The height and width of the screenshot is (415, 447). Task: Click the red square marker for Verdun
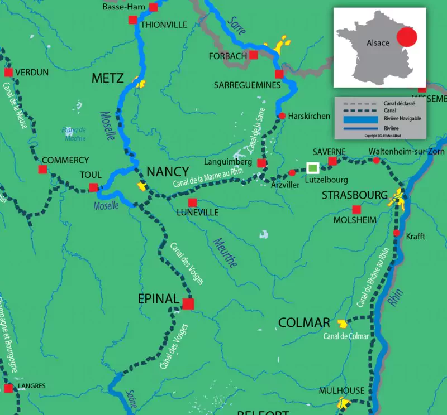click(x=8, y=73)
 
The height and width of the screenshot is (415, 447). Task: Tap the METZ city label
click(x=107, y=78)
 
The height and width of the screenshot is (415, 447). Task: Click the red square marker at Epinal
click(x=188, y=303)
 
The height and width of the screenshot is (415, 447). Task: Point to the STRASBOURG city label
click(x=354, y=195)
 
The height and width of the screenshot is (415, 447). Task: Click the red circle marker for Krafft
click(x=397, y=233)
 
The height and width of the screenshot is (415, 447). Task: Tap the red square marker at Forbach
click(x=254, y=55)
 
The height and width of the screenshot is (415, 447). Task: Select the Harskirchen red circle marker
click(x=282, y=116)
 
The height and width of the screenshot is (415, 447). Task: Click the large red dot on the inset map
click(x=406, y=38)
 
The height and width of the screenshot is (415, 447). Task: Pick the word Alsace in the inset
click(x=378, y=43)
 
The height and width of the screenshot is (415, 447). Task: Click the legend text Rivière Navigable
click(x=402, y=119)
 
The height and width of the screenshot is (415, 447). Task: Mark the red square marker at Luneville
click(x=192, y=202)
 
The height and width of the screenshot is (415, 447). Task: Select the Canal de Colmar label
click(x=346, y=336)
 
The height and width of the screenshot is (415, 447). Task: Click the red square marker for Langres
click(x=8, y=388)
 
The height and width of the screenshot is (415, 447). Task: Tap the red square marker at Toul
click(x=93, y=187)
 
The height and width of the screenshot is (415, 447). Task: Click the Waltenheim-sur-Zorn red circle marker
click(x=377, y=161)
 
